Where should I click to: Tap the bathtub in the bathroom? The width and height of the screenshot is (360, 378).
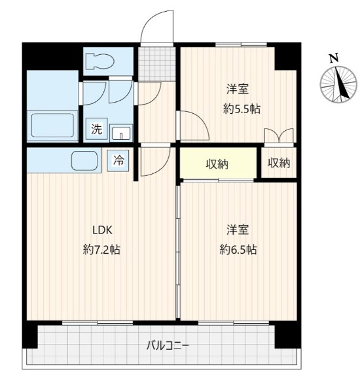coord(52,126)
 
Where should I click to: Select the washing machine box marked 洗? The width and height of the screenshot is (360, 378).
coord(96,129)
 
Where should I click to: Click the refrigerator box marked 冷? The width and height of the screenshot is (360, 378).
coord(118,161)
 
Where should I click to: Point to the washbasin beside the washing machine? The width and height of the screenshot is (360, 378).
coord(121,132)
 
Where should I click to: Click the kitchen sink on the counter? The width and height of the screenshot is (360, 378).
coord(84,161)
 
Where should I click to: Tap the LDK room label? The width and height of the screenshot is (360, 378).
coord(103,230)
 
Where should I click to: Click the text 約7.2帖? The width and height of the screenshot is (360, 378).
coord(101,250)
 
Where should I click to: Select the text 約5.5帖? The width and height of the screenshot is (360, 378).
coord(242,109)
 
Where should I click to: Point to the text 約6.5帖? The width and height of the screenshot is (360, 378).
coord(238,250)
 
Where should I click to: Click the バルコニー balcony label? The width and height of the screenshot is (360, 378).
coord(168,346)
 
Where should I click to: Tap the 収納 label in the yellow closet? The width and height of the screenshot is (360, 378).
coord(217,164)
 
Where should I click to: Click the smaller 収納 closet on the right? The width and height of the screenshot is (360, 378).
coord(279,163)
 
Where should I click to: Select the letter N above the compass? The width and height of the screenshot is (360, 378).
coord(334,58)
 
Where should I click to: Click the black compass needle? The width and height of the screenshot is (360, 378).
coord(342,83)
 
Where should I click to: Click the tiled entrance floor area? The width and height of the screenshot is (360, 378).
coord(157,64)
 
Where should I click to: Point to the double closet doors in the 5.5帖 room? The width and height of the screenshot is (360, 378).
coord(279,136)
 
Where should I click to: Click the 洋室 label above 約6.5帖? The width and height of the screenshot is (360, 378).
coord(238,230)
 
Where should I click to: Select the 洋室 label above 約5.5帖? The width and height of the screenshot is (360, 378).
coord(238,89)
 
